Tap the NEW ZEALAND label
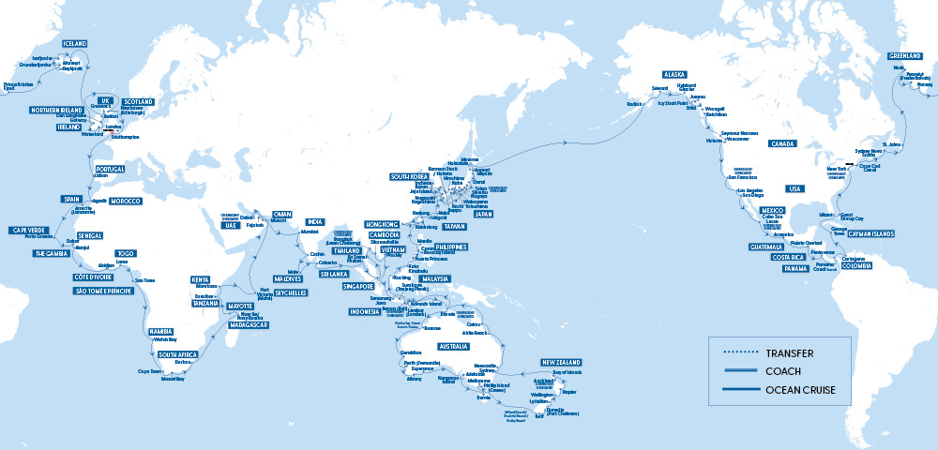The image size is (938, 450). coord(567,362)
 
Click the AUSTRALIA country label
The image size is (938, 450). coord(454,347)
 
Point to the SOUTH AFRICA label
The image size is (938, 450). coord(177,355)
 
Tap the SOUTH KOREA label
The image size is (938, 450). coord(409,176)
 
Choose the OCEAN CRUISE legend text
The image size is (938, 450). coord(803,387)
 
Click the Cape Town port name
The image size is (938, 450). coord(151,371)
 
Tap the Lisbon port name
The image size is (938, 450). coord(102,176)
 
